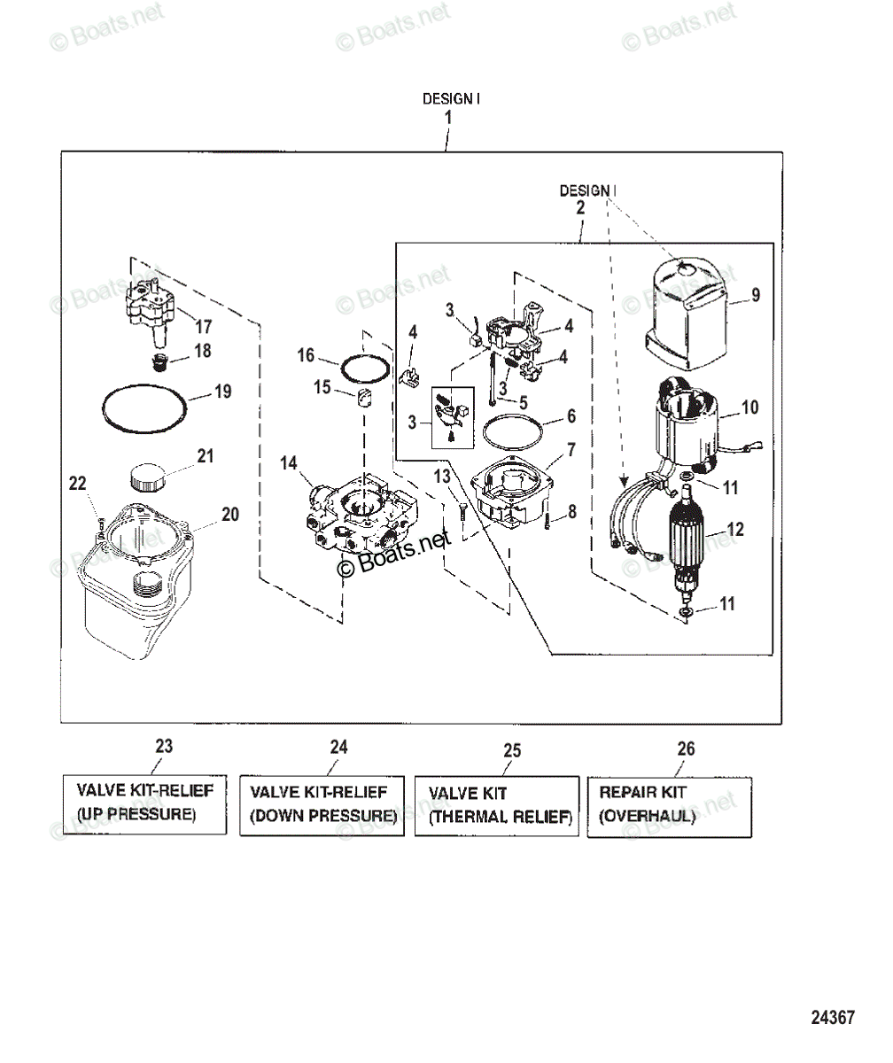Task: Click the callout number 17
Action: coord(203,326)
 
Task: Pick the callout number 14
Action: coord(289,462)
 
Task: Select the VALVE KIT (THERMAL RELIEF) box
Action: coord(497,806)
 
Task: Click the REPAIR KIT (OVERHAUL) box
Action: coord(670,807)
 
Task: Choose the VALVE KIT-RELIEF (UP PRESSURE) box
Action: coord(144,804)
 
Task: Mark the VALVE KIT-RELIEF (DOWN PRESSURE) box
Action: coord(322,806)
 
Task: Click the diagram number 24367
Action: coord(833,1017)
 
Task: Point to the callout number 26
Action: coord(686,749)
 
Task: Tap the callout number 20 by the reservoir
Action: coord(230,514)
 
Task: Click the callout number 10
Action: coord(750,407)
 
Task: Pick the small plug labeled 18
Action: coord(159,362)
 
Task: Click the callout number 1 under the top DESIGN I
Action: coord(448,118)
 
